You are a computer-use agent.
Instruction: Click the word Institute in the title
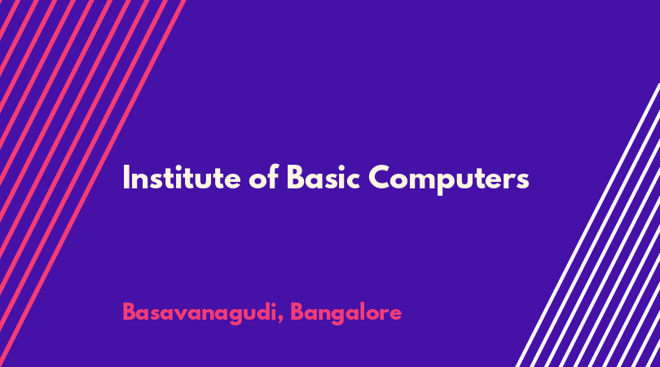[x=182, y=178]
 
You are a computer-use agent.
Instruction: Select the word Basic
[x=323, y=177]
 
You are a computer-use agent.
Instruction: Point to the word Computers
[x=449, y=179]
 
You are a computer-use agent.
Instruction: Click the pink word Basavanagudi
[x=199, y=313]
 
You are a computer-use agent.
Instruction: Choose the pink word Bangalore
[x=346, y=313]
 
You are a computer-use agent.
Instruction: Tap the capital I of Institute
[x=125, y=178]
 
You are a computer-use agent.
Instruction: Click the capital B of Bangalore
[x=297, y=312]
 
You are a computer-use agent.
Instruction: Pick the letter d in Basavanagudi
[x=261, y=312]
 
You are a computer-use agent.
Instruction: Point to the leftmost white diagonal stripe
[x=587, y=225]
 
